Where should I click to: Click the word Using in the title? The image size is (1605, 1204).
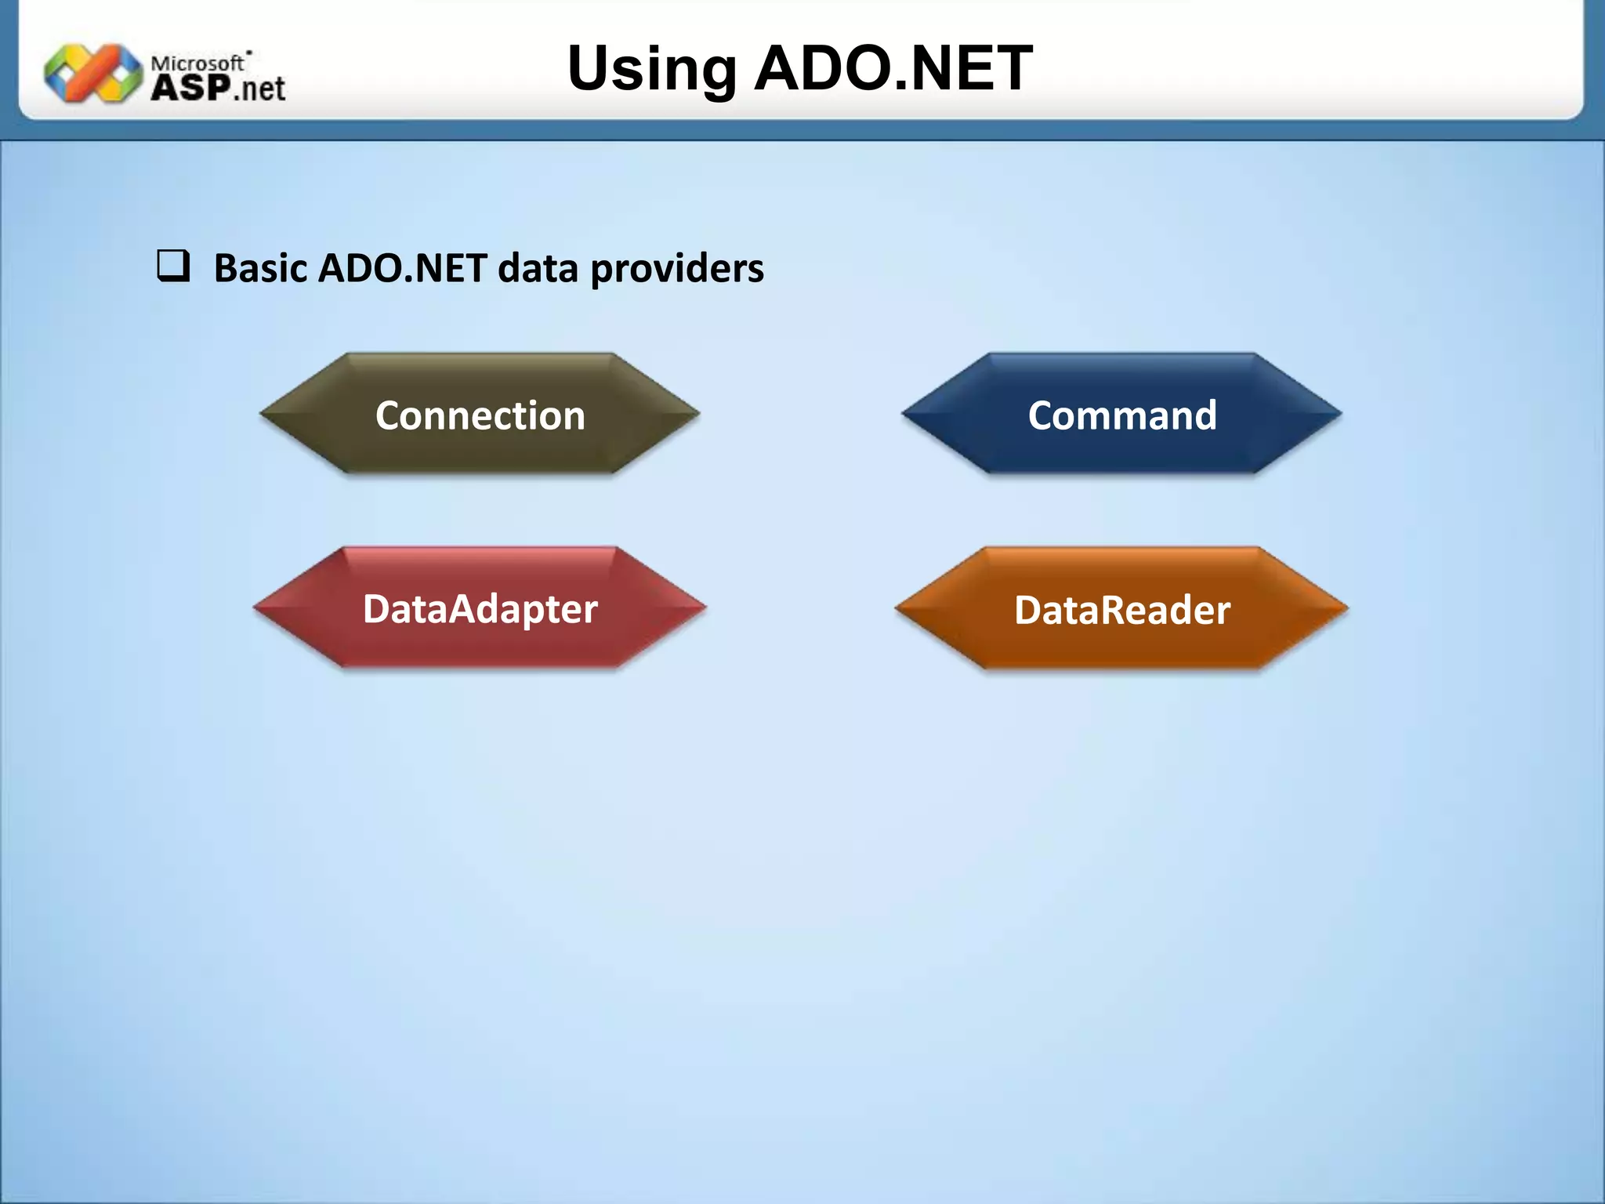[x=651, y=69]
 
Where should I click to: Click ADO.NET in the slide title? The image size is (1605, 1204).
[x=893, y=69]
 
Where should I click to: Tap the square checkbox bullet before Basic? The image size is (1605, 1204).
[x=173, y=267]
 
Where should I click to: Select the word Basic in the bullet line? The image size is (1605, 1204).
[x=260, y=268]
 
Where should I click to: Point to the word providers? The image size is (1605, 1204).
[x=677, y=268]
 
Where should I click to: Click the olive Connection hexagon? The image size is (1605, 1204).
[x=480, y=414]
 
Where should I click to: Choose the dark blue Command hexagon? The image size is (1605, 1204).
[x=1121, y=414]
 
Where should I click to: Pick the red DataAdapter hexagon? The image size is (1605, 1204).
[x=480, y=608]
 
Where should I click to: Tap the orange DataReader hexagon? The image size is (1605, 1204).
[x=1121, y=609]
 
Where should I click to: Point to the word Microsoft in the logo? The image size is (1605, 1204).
[x=197, y=62]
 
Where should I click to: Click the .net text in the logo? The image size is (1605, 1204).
[x=259, y=89]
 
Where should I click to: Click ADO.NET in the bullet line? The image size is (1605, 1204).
[x=402, y=268]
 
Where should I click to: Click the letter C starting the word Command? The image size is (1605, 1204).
[x=1041, y=415]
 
